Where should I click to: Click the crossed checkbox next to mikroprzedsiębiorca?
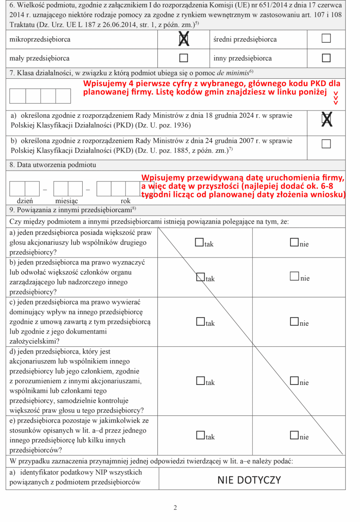tap(183, 40)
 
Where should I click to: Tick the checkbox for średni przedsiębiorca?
tap(326, 39)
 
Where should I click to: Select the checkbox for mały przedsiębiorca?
tap(183, 57)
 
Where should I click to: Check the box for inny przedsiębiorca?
tap(326, 57)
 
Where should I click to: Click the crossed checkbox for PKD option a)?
tap(326, 120)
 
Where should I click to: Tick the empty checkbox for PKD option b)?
tap(326, 144)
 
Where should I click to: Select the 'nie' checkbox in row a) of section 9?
tap(294, 243)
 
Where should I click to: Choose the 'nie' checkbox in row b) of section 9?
tap(294, 277)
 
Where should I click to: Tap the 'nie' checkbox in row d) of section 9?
tap(294, 381)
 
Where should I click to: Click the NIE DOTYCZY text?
tap(249, 480)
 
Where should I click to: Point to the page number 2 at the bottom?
tap(175, 508)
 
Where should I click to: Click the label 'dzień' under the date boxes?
tap(24, 201)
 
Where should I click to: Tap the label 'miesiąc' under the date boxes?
tap(67, 201)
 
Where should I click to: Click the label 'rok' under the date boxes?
tap(126, 201)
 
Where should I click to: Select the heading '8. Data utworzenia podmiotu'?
tap(51, 165)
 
